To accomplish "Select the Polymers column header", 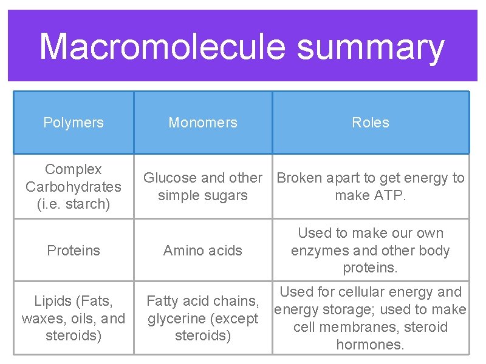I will [74, 123].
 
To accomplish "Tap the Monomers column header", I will [203, 123].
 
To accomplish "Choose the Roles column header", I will [371, 123].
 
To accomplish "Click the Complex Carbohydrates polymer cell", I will [74, 186].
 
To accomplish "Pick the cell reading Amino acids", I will [203, 251].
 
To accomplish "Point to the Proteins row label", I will [74, 251].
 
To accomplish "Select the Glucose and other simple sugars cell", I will [203, 186].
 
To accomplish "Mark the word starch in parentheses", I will [87, 204].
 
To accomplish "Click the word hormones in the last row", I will [369, 345].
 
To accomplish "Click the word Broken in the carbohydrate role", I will [299, 178].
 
